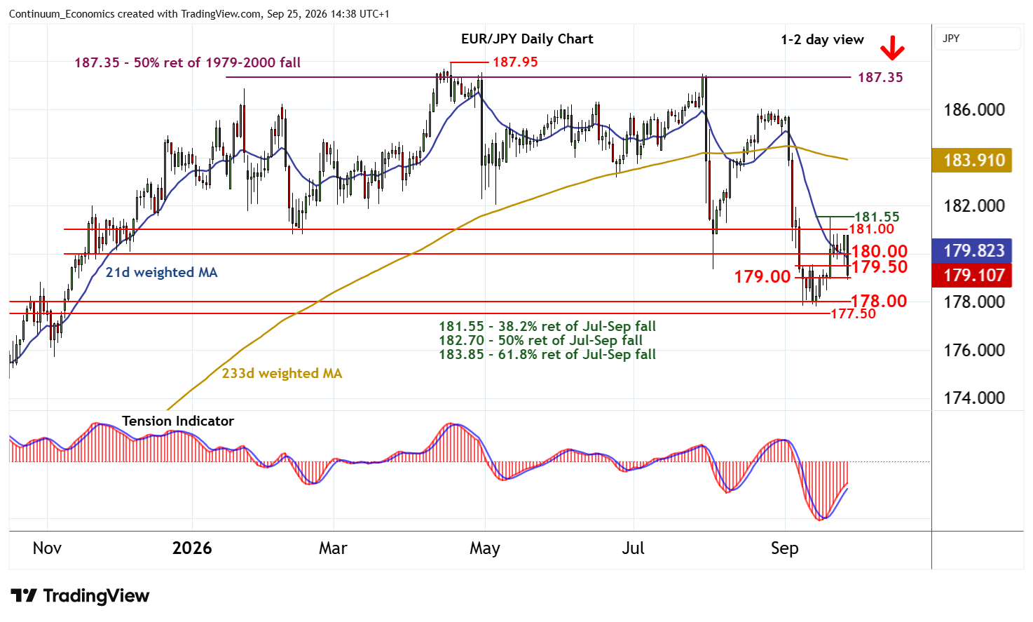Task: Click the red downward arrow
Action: point(892,48)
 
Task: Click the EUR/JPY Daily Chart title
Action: point(527,39)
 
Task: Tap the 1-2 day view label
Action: point(822,40)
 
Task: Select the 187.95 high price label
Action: point(515,62)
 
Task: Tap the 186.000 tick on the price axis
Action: point(974,110)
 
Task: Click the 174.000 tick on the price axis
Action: point(974,398)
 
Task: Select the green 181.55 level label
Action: point(877,217)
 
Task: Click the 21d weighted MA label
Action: point(161,272)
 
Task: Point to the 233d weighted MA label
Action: point(282,373)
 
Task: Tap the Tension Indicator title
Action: point(178,421)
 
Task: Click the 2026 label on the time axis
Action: point(192,548)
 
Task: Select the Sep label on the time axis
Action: point(784,548)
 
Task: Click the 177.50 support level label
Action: point(853,313)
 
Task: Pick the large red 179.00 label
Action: point(762,277)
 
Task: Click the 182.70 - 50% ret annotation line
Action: point(540,341)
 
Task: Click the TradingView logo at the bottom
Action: point(80,595)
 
